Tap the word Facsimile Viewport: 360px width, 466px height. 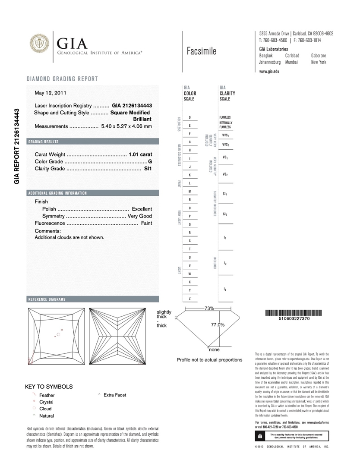pos(202,52)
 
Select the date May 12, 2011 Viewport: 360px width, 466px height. pos(51,93)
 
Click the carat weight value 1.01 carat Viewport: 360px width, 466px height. pos(140,154)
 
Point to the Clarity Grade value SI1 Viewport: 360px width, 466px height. pos(148,169)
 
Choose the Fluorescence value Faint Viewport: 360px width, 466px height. pos(146,224)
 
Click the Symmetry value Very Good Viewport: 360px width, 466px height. pos(140,216)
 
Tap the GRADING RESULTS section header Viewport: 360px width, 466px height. pos(44,142)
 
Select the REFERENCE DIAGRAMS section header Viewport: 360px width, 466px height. pos(47,299)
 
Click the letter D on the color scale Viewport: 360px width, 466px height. pos(190,118)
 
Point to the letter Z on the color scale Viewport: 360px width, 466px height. pos(190,299)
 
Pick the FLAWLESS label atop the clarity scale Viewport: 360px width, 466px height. pos(225,117)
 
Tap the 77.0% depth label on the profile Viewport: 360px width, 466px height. pos(218,325)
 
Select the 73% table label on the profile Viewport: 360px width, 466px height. pos(209,309)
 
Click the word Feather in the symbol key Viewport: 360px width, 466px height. pos(47,395)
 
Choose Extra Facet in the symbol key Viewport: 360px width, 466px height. pos(115,395)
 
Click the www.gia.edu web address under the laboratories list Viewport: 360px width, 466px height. pos(269,71)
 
